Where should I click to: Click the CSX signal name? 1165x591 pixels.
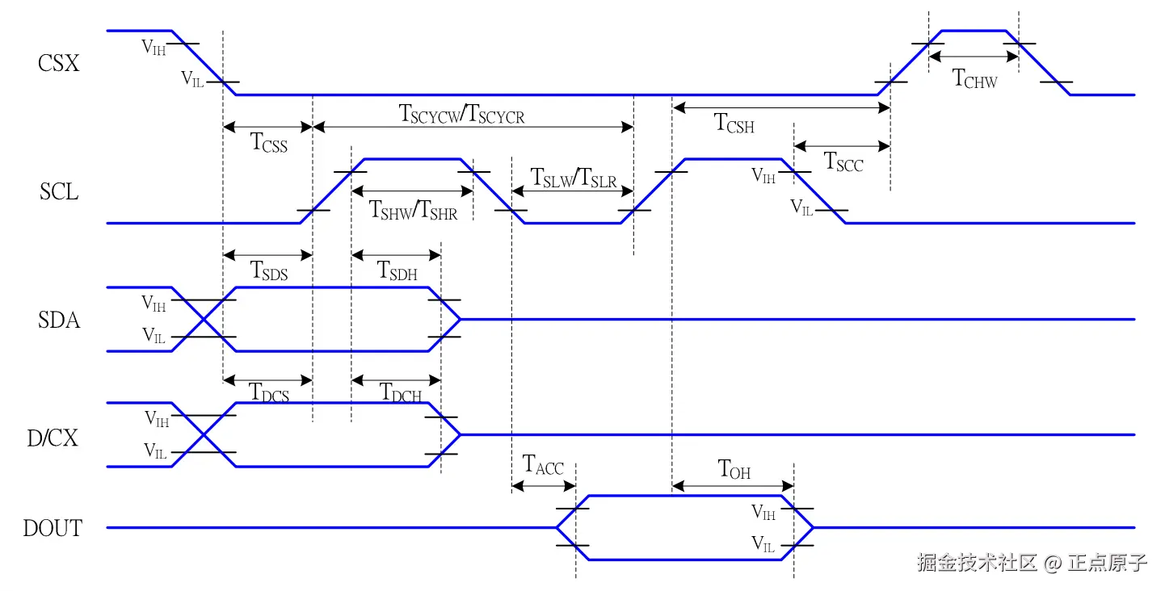(59, 64)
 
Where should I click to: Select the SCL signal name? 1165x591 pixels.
(59, 192)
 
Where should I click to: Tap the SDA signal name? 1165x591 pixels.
(59, 321)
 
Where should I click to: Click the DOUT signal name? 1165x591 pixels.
(53, 529)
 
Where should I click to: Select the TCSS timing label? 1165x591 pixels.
(269, 144)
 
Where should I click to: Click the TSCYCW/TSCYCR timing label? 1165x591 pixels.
(462, 115)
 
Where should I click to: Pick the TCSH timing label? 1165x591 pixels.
(734, 124)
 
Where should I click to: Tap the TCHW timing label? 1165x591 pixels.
(975, 79)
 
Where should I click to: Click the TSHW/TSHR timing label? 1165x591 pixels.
(413, 210)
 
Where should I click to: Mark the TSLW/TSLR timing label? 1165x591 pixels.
(573, 178)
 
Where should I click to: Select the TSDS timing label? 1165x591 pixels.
(269, 270)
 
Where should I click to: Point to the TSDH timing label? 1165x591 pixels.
(397, 270)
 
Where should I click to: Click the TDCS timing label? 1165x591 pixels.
(269, 394)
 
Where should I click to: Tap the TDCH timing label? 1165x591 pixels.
(401, 394)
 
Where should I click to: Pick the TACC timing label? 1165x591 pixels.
(543, 466)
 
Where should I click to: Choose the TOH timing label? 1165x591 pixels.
(734, 469)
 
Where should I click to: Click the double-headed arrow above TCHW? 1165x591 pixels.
(974, 57)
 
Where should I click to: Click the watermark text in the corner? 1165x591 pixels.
(1032, 563)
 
